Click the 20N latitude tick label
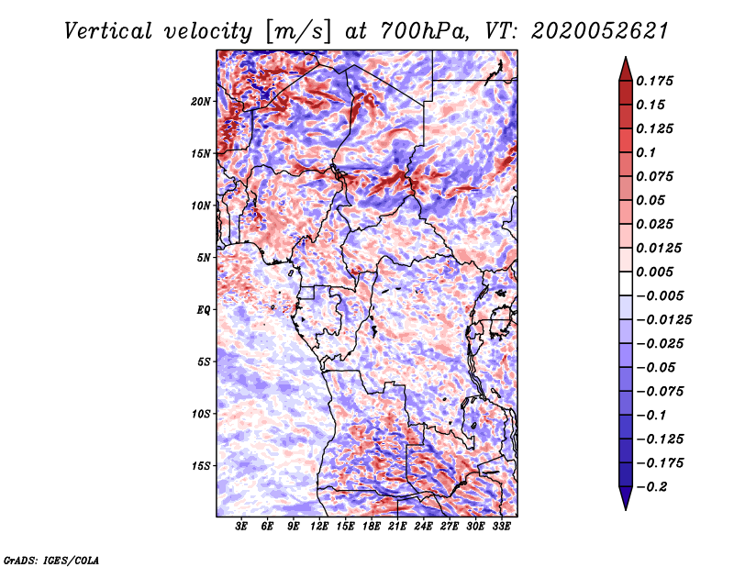pos(201,101)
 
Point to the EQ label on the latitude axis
pos(204,310)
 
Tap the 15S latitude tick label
pos(201,466)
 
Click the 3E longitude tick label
pos(242,528)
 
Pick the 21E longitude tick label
pos(397,528)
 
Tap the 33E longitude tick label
pos(501,528)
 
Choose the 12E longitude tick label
pos(319,528)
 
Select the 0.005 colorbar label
pos(656,272)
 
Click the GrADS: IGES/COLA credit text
pos(51,559)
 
